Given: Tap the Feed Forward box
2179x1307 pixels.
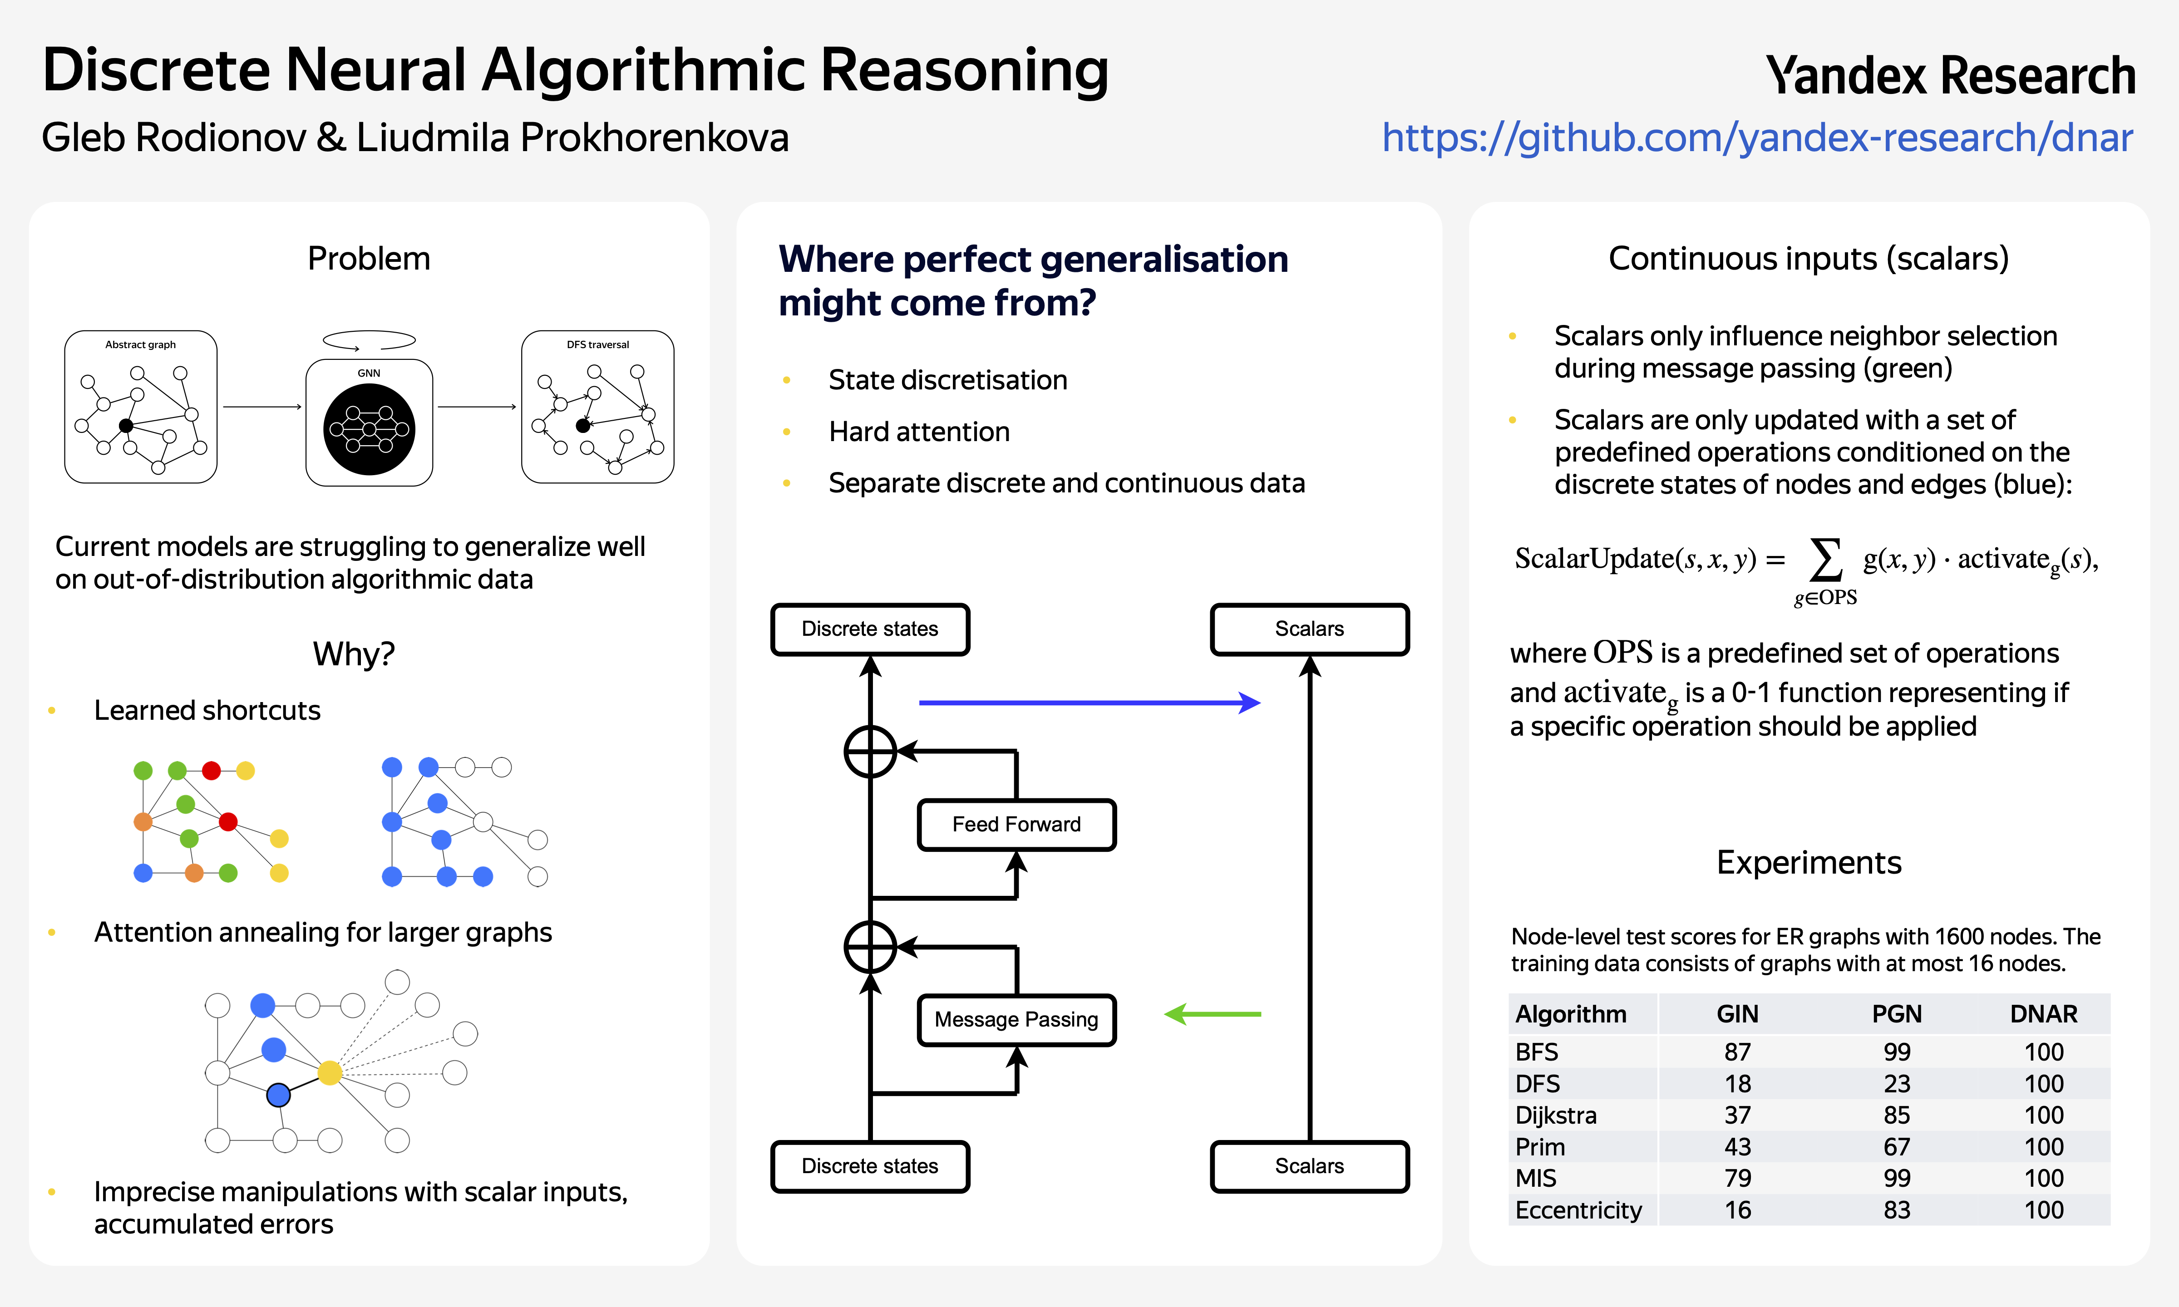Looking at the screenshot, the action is [1016, 824].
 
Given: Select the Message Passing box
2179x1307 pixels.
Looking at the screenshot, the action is [1016, 1020].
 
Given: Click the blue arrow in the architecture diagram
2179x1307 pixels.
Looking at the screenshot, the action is [1089, 703].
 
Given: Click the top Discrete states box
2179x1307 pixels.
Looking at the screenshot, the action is [870, 629].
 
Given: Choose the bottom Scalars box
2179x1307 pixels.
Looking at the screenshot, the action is [1310, 1166].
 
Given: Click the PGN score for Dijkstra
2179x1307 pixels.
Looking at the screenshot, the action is [1897, 1115].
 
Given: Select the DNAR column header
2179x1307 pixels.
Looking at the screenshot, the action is [2043, 1014].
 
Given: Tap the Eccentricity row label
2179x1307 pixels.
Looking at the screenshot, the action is [1578, 1210].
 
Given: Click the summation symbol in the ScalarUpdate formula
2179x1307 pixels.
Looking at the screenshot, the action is [1826, 560].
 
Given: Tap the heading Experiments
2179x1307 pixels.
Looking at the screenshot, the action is [1809, 862].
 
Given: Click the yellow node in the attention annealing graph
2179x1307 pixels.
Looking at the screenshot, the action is [330, 1073].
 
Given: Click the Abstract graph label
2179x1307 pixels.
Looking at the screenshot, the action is [140, 344].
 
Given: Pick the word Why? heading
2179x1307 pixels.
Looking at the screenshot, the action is [354, 654].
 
